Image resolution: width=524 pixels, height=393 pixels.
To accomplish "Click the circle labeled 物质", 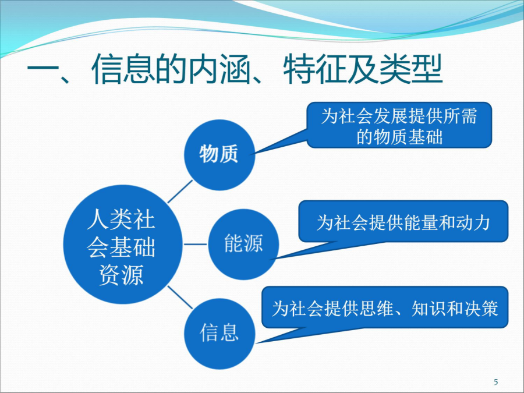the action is (x=219, y=155).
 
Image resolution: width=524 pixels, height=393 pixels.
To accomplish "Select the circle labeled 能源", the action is (x=243, y=244).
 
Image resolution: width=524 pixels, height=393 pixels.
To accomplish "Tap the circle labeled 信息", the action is (x=219, y=334).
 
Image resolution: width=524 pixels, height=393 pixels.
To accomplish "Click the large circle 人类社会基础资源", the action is (x=123, y=245).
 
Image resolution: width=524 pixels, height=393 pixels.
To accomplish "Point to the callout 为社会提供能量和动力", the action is (x=403, y=221).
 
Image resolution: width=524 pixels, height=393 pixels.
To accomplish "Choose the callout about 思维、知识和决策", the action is (x=385, y=307).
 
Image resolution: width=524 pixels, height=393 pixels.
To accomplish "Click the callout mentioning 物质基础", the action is (x=399, y=125).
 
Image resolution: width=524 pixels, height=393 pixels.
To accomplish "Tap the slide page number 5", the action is (x=496, y=381).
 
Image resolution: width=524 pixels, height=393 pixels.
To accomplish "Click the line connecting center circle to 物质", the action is (x=180, y=192).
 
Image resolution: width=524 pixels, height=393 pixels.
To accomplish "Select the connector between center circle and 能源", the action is (x=196, y=245).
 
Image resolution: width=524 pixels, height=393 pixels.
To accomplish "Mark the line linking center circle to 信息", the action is (x=180, y=297).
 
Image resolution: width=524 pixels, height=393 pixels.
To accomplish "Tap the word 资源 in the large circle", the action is (x=121, y=275).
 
